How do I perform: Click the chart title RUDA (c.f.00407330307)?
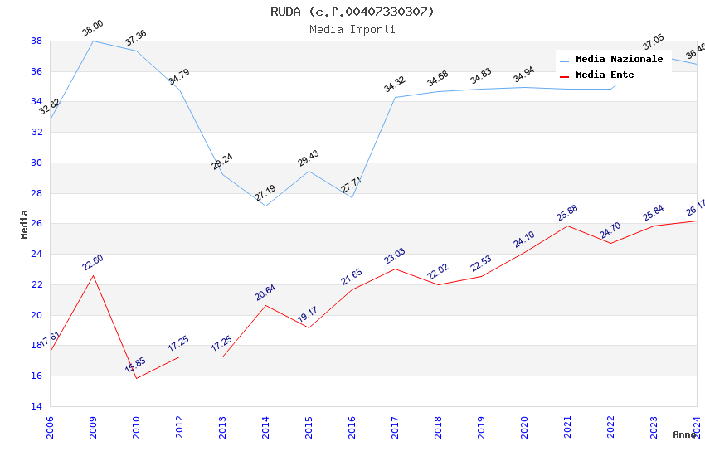[352, 12]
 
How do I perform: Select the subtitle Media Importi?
[352, 29]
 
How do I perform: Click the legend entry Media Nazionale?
[619, 60]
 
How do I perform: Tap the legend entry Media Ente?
[605, 75]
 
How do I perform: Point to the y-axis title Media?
[25, 224]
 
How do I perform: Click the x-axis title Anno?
[684, 434]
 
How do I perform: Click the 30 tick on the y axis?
[36, 163]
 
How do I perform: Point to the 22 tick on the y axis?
[36, 284]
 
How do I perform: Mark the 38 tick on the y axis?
[36, 41]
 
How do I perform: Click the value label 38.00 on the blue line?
[92, 30]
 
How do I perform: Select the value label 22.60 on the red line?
[93, 263]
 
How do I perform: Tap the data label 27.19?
[265, 193]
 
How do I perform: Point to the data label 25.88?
[567, 213]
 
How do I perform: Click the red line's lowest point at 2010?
[136, 378]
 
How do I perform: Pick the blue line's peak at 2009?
[93, 41]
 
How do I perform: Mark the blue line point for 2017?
[395, 97]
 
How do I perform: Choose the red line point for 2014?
[265, 305]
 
